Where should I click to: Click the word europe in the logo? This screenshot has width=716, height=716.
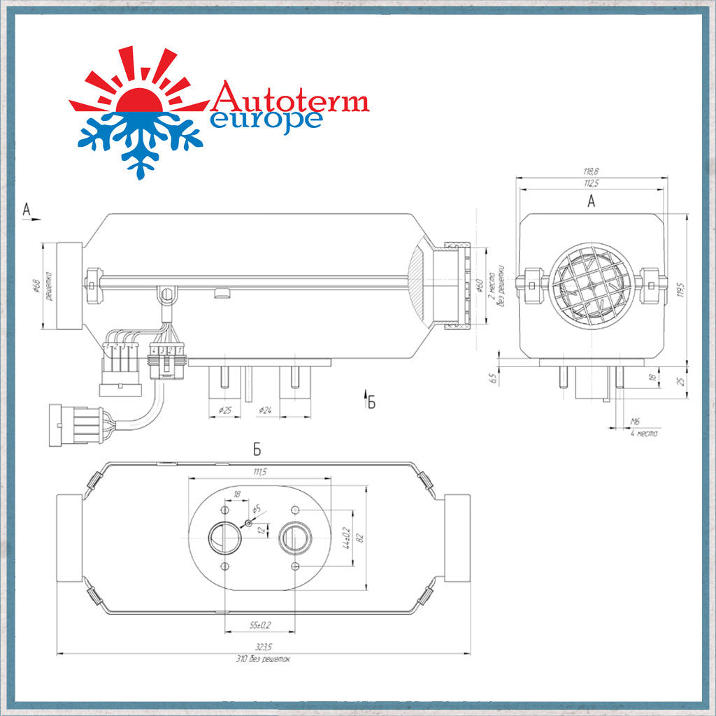coord(266,119)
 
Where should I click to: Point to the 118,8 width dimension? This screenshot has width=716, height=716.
coord(592,171)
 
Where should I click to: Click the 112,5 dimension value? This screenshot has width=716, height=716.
coord(592,184)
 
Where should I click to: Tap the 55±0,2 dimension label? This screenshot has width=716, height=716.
coord(260,624)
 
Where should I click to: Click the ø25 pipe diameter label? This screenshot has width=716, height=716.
coord(225,410)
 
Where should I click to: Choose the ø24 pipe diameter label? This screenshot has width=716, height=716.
coord(264,410)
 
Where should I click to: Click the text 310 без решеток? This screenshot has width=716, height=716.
coord(263,659)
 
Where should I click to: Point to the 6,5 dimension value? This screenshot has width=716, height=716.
coord(493,378)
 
